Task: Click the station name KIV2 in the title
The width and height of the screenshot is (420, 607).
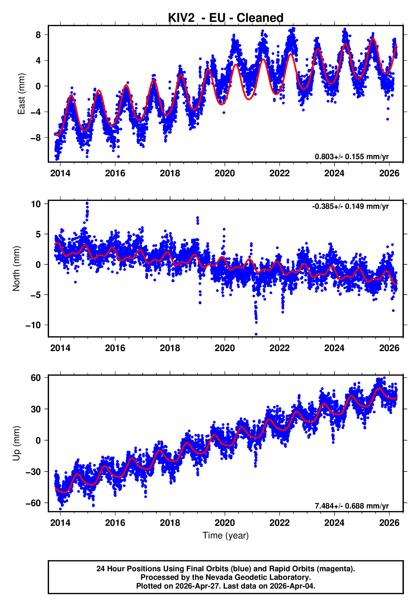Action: click(181, 18)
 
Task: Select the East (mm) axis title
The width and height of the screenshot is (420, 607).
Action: click(21, 94)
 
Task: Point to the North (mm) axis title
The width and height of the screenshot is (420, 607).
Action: click(16, 269)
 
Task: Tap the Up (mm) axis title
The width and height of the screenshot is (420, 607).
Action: click(16, 444)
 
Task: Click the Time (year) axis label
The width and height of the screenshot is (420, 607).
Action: click(226, 535)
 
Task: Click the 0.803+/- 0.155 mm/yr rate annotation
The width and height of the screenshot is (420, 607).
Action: click(351, 157)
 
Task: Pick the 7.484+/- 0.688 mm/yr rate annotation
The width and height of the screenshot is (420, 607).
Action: click(351, 506)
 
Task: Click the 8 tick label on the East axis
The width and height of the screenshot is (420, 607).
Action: click(38, 35)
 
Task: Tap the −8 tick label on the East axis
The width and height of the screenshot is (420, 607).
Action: click(36, 138)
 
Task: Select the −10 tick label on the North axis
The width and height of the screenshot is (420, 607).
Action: click(33, 325)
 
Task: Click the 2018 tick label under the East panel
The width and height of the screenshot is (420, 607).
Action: click(170, 173)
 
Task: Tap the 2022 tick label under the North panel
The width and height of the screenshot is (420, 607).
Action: click(280, 348)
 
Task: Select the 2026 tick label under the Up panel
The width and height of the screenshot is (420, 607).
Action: click(389, 523)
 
